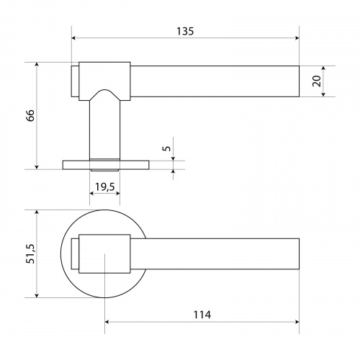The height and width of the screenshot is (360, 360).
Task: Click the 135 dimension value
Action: pos(185,31)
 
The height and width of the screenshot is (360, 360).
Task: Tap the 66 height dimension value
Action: pos(30,116)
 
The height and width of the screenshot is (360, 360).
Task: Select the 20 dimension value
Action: pos(317,81)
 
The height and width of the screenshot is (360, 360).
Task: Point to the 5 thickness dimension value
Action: pos(166,148)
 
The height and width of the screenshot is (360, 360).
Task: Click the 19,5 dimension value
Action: pos(105,186)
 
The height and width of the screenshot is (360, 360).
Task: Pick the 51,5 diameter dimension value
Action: pos(30,253)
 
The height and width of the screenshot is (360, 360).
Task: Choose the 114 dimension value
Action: pos(202,315)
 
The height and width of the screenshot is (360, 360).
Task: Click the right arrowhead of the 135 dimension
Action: pos(297,38)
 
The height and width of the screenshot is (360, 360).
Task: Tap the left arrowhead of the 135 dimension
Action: pos(74,38)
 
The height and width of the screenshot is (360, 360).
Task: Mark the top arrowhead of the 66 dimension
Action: pos(37,65)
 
